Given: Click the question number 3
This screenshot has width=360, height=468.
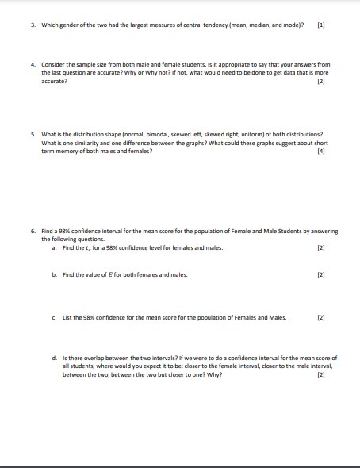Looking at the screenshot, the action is [x=33, y=25].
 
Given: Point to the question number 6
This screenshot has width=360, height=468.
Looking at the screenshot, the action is [x=33, y=231].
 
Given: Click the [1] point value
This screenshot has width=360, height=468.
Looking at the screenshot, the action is [x=320, y=25].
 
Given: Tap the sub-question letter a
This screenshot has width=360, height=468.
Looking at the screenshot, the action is [x=53, y=248].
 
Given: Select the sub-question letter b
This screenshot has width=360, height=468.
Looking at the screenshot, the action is [x=53, y=274].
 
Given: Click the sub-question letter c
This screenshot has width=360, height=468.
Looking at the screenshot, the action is [x=53, y=318].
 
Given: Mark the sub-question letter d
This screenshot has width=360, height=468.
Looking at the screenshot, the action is [x=53, y=359].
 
